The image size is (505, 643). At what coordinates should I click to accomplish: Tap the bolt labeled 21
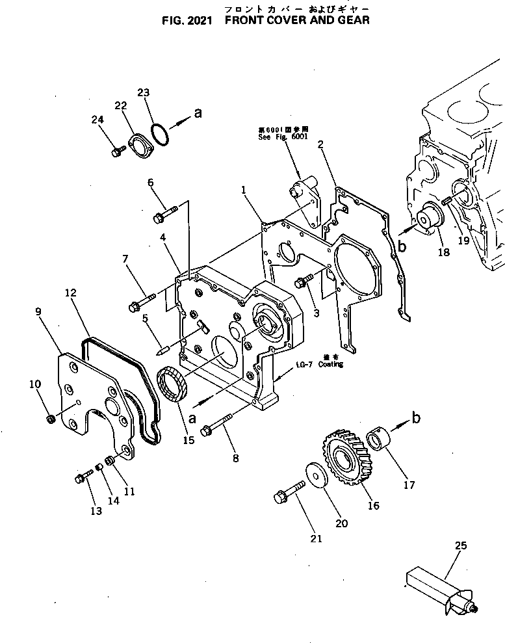tap(289, 490)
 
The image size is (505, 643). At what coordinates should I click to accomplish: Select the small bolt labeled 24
tap(118, 152)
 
